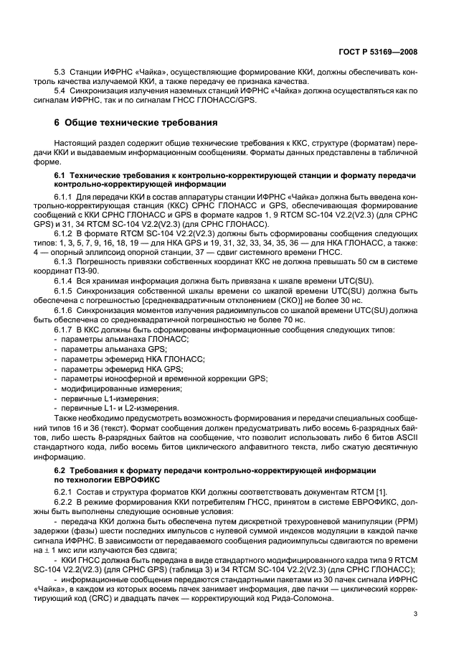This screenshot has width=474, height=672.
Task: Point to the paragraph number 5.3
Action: point(62,73)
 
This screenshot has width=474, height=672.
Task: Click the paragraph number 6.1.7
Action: point(66,327)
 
